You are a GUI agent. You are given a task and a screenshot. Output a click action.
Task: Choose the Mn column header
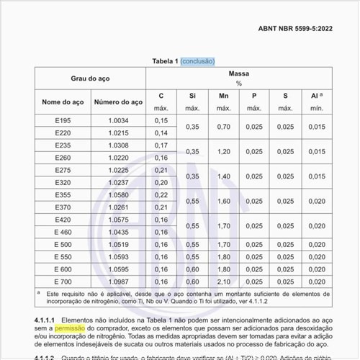[223, 96]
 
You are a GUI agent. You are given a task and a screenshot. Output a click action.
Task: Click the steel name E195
[63, 120]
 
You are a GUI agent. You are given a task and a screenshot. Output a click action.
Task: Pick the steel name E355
[63, 194]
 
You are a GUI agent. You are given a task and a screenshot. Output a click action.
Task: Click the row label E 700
[63, 282]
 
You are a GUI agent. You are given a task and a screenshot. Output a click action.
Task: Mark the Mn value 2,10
[223, 282]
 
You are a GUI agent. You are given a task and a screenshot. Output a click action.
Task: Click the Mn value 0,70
[223, 127]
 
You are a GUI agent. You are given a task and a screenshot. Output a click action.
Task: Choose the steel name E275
[63, 170]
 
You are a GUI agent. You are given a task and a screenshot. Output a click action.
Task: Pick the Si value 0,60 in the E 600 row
[192, 269]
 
